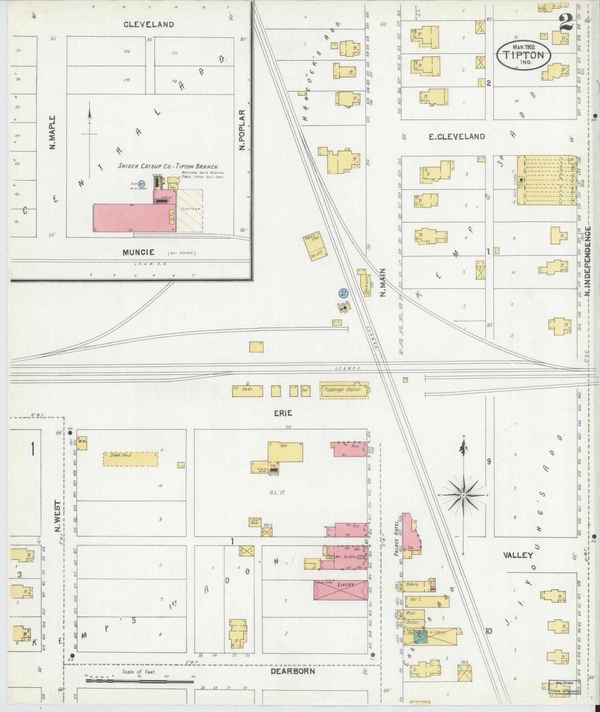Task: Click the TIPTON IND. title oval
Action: click(x=524, y=55)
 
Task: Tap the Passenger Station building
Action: click(x=344, y=390)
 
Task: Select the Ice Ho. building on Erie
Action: click(x=247, y=391)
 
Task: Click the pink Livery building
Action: click(x=340, y=590)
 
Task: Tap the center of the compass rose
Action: click(x=464, y=495)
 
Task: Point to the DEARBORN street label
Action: click(x=293, y=671)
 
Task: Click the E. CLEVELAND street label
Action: click(x=457, y=137)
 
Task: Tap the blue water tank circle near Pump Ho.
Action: click(x=343, y=293)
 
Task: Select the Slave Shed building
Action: click(x=130, y=459)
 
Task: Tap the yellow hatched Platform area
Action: click(x=190, y=211)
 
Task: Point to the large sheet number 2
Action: click(x=566, y=22)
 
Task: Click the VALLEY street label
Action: click(x=518, y=555)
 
